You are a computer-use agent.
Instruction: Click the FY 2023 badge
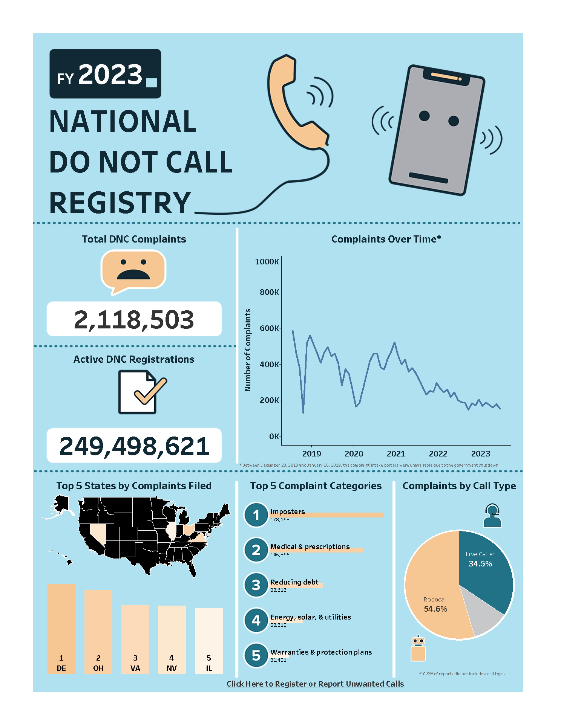coord(105,74)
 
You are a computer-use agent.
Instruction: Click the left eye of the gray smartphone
coord(424,116)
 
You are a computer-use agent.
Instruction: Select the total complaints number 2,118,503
coord(134,319)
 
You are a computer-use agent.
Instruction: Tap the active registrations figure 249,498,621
coord(134,446)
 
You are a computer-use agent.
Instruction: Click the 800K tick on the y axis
coord(269,292)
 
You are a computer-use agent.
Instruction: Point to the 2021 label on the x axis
coord(396,454)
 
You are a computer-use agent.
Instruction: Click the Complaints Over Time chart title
coord(386,239)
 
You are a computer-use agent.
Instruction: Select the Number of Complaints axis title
coord(248,350)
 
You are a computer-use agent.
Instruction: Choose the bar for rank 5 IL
coord(209,640)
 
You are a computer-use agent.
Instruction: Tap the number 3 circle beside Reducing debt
coord(256,585)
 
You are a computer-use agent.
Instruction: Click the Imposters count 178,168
coord(280,520)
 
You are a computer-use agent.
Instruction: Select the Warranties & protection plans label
coord(321,652)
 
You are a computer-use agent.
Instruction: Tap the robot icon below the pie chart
coord(418,649)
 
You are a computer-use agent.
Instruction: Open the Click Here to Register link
coord(315,684)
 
